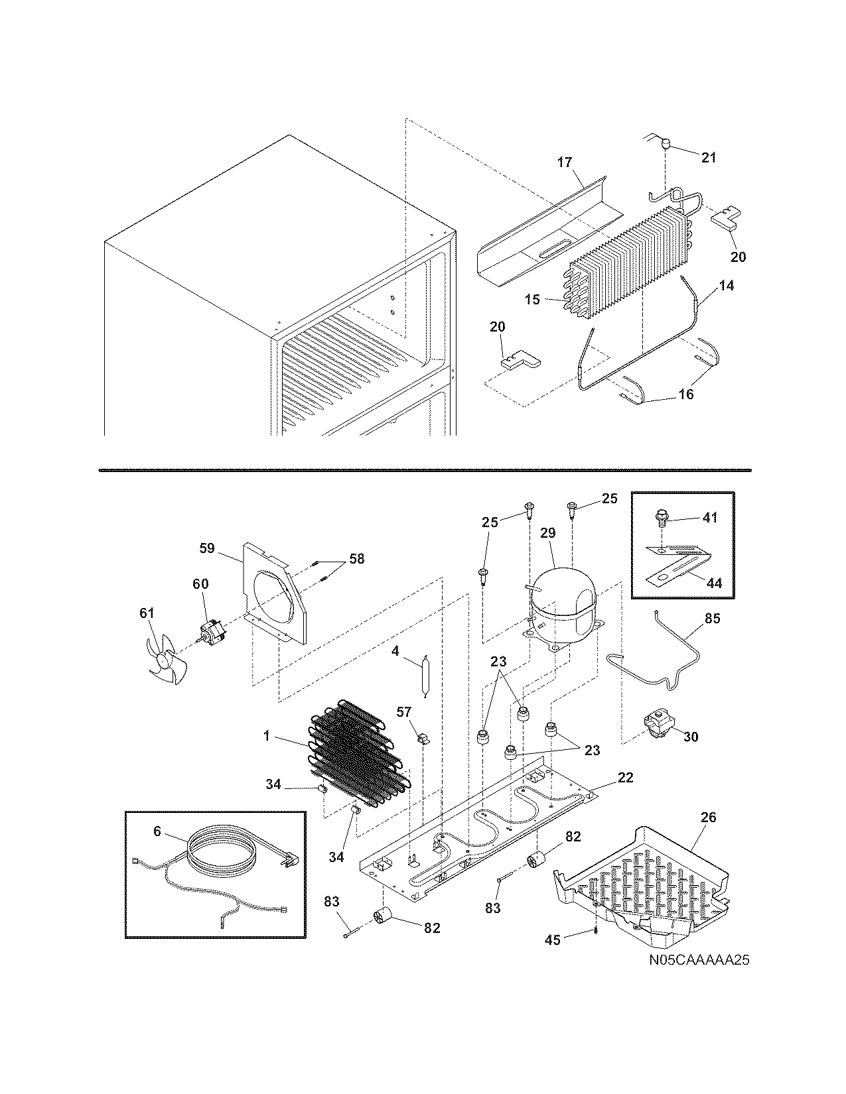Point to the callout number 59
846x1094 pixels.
pos(208,549)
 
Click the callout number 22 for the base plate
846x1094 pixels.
pos(625,778)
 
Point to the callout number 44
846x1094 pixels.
pos(713,583)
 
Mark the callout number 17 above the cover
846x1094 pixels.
pos(564,162)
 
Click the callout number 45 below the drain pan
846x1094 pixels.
pos(553,939)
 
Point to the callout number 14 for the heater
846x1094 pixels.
pos(727,286)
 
